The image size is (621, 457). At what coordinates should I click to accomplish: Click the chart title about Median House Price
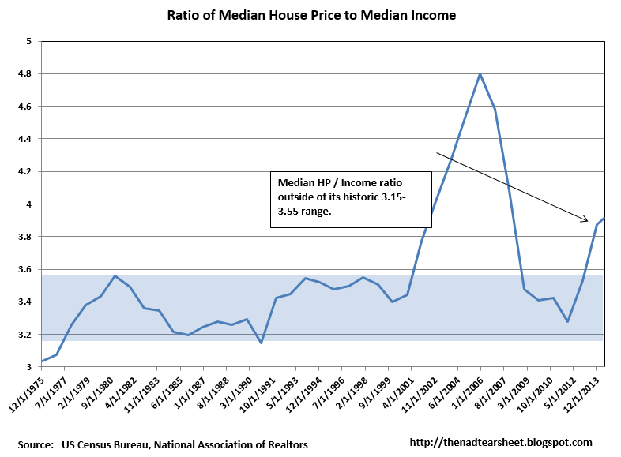[311, 15]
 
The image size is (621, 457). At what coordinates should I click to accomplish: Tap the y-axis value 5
[28, 41]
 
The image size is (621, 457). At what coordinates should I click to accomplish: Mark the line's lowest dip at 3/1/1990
[261, 343]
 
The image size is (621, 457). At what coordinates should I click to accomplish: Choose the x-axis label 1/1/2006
[466, 393]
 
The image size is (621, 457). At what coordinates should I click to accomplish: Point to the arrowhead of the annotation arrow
[586, 220]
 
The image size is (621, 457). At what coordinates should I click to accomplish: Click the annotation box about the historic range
[351, 199]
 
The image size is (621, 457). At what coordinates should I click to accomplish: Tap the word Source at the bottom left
[36, 444]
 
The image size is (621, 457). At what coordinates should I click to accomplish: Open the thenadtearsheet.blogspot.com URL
[502, 443]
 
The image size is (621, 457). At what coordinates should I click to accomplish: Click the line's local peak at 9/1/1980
[115, 275]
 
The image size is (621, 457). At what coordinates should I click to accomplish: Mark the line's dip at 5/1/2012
[567, 321]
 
